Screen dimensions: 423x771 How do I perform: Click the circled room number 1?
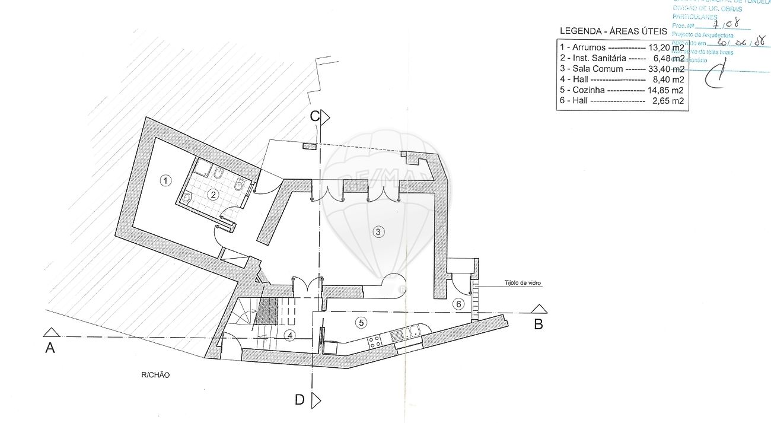click(166, 179)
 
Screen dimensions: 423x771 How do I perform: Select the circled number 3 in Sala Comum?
click(378, 231)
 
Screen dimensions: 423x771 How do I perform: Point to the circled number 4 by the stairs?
click(289, 336)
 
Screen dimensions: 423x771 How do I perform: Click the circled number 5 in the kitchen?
click(359, 322)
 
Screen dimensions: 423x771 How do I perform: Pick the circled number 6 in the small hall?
click(457, 304)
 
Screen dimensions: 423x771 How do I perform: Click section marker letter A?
click(50, 348)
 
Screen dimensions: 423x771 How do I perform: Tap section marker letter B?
click(539, 324)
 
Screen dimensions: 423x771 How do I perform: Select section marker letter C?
click(315, 116)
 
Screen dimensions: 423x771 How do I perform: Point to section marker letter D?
click(300, 400)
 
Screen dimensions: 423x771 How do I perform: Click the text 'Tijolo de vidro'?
click(523, 283)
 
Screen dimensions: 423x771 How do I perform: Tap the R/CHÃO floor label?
click(155, 375)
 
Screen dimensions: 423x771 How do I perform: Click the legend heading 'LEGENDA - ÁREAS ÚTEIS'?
click(613, 31)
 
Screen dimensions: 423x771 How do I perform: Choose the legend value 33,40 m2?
click(666, 69)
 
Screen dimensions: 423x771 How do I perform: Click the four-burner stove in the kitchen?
click(375, 341)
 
